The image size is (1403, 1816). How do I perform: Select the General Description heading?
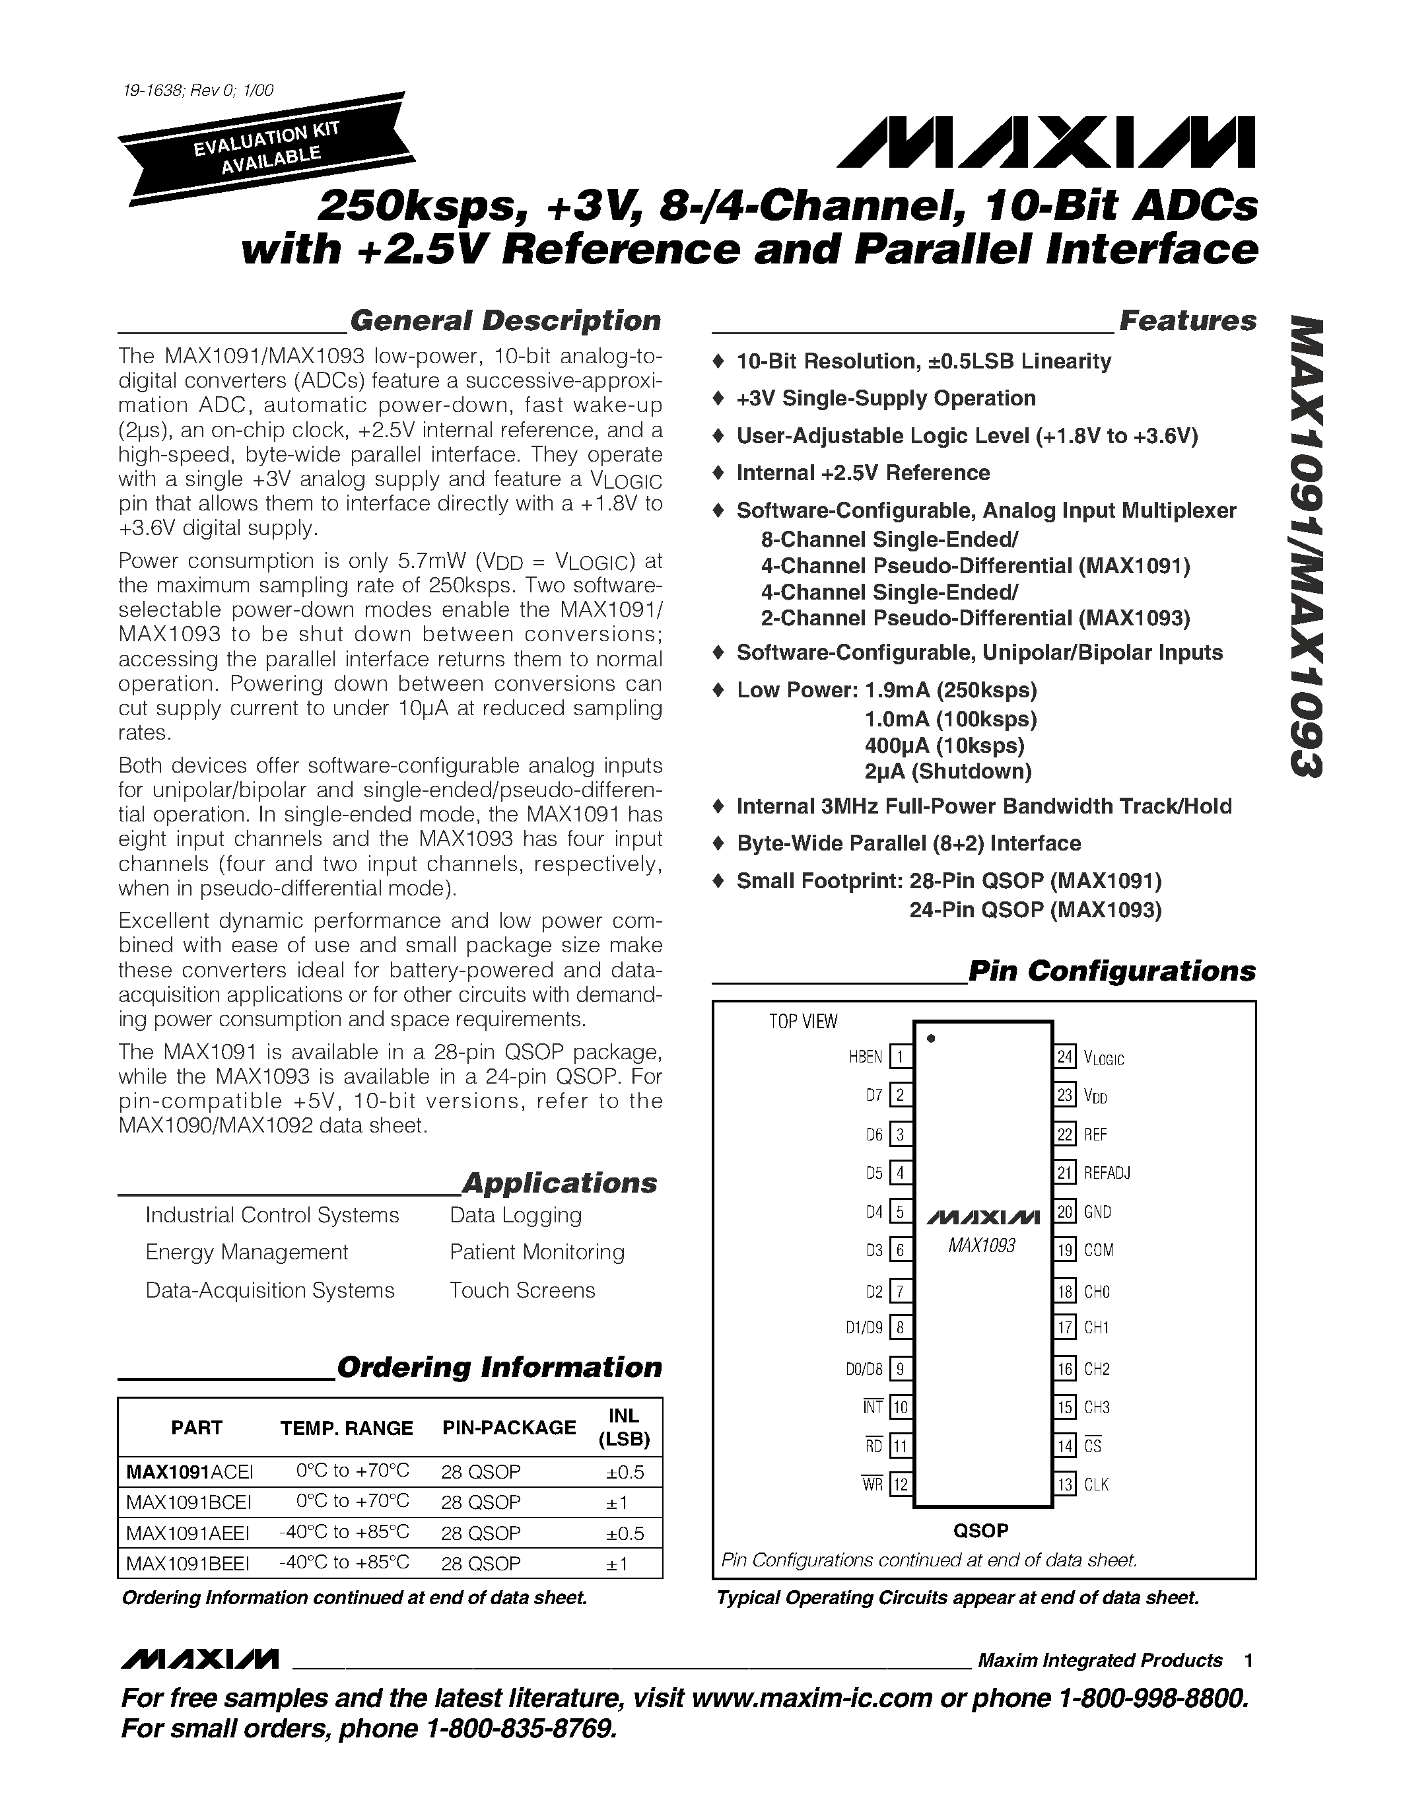[x=504, y=321]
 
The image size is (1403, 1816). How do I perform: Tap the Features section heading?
[x=1187, y=321]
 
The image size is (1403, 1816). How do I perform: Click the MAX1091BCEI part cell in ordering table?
[x=189, y=1502]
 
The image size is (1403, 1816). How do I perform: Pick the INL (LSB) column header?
[x=623, y=1428]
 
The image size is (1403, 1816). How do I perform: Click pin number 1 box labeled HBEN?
[x=900, y=1057]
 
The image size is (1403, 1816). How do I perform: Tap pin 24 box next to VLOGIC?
[x=1066, y=1057]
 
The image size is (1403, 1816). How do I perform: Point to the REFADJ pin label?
[x=1107, y=1173]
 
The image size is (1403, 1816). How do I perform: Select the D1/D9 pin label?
[x=864, y=1328]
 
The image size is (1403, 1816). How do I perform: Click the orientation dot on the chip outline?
[x=931, y=1037]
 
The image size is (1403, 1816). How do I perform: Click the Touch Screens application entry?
[x=522, y=1290]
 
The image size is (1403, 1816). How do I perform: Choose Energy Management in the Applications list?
[x=246, y=1252]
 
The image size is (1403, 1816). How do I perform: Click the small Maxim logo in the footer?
[x=199, y=1659]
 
